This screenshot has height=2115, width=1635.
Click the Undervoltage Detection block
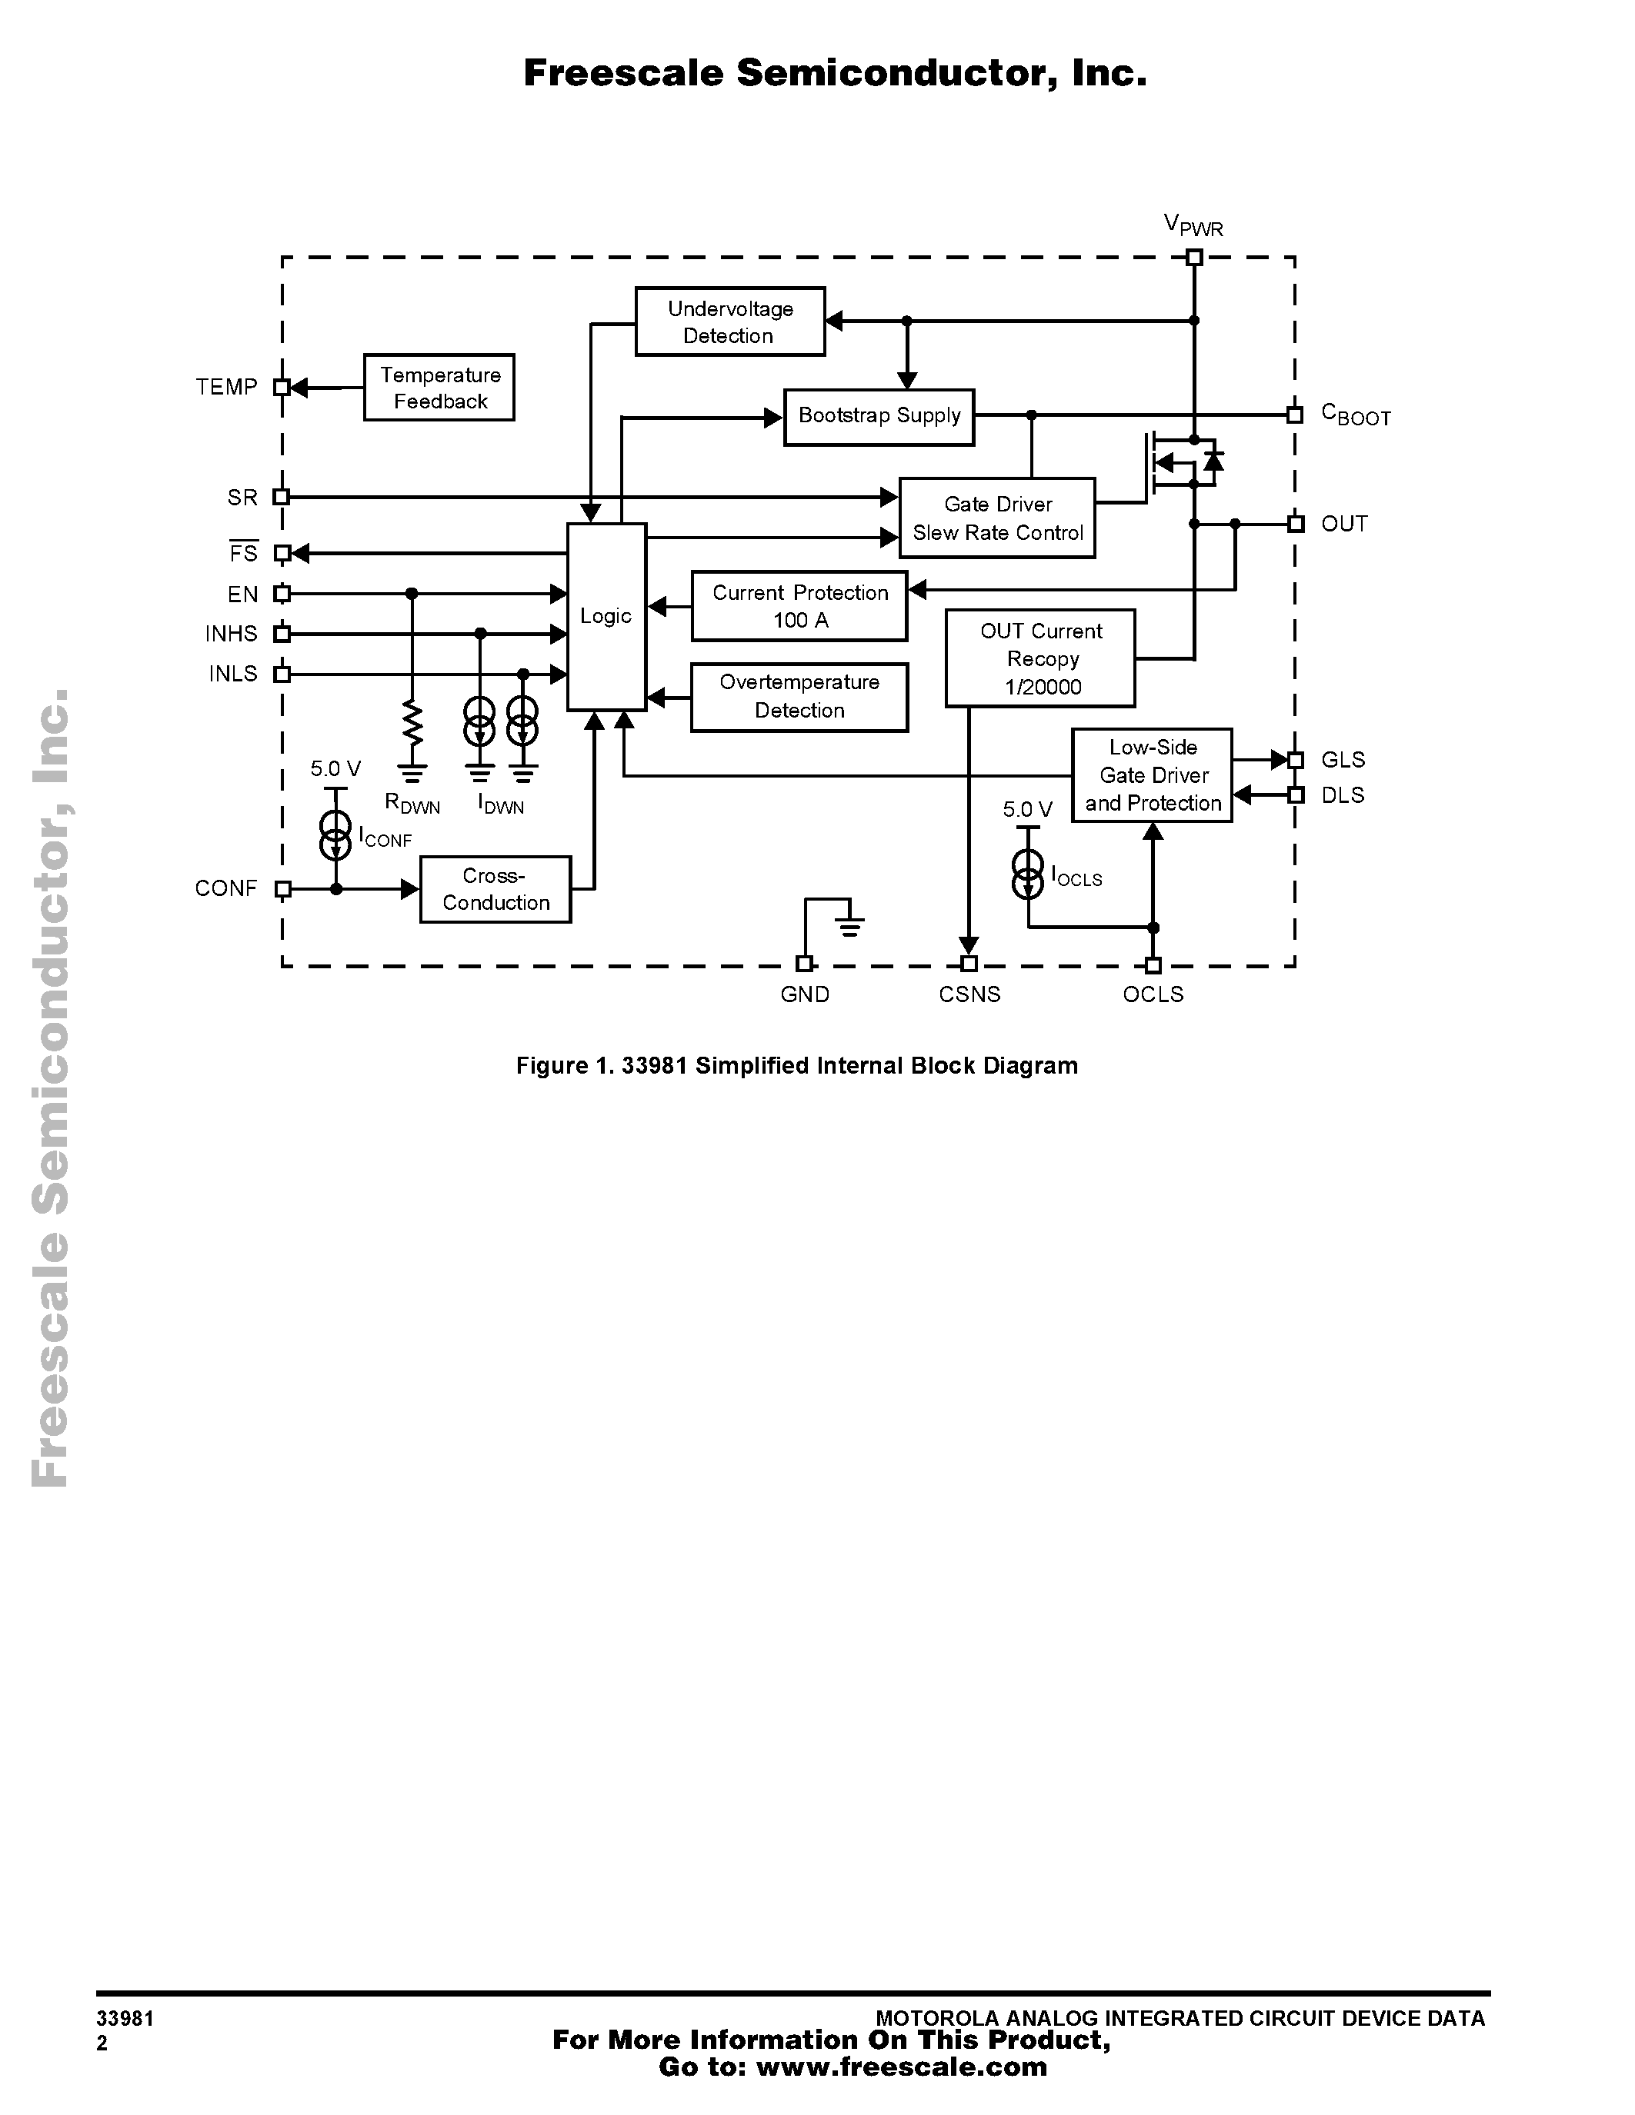(729, 321)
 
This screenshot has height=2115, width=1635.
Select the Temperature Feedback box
(439, 388)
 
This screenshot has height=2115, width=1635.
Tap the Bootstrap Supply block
(879, 416)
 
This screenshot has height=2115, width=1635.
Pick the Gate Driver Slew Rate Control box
(996, 518)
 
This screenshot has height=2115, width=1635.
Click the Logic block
(606, 617)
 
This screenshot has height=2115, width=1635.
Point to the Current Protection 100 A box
(799, 606)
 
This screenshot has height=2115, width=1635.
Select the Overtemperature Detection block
(799, 696)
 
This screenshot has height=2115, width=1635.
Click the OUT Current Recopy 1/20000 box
(1040, 658)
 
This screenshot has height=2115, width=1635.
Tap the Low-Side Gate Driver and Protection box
(1152, 774)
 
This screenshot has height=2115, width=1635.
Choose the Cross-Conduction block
(495, 889)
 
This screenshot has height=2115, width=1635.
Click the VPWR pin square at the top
(1194, 258)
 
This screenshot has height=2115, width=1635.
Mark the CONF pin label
(225, 889)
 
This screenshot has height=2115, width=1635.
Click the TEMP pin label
(227, 388)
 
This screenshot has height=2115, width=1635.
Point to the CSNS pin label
(969, 994)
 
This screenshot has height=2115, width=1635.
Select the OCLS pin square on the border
(1153, 964)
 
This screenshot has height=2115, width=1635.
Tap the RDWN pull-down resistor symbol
(412, 724)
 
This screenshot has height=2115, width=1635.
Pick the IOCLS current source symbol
(1028, 874)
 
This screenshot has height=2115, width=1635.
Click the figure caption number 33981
(654, 1066)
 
